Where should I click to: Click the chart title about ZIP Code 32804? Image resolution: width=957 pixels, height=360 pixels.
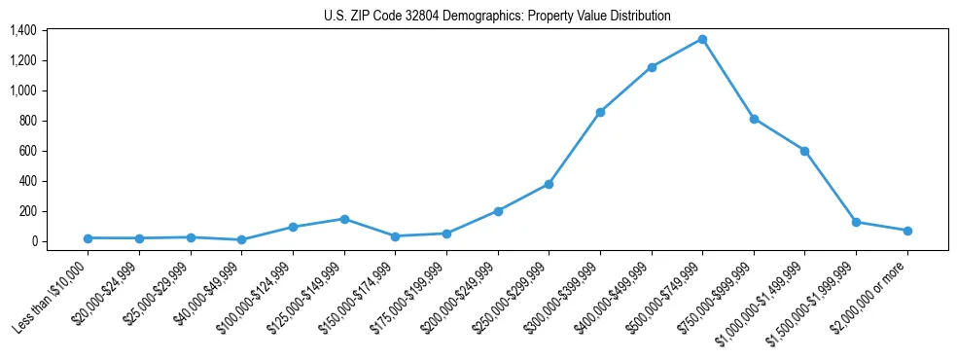(x=497, y=17)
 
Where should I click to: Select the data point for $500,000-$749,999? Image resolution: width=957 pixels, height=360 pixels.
(x=702, y=39)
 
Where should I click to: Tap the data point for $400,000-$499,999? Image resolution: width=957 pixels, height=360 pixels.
(x=652, y=67)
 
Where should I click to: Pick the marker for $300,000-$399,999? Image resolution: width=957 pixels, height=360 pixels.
(x=600, y=112)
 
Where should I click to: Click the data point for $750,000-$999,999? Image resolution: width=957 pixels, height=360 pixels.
(x=754, y=119)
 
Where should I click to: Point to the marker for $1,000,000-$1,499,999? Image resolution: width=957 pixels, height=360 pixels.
(x=804, y=151)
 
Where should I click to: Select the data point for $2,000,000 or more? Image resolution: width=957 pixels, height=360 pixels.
(x=906, y=231)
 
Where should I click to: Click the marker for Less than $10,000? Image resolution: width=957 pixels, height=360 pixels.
(x=89, y=238)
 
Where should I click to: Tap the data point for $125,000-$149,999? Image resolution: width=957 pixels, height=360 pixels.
(x=344, y=219)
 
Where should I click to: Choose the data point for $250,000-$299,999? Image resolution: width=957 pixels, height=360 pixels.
(x=549, y=184)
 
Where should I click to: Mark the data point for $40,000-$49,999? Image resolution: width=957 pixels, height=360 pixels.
(x=241, y=239)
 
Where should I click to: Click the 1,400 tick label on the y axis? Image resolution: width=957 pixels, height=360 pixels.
(x=22, y=30)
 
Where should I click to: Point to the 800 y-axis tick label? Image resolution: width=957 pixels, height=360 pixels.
(x=26, y=121)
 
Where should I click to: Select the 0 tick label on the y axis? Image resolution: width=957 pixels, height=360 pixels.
(x=33, y=241)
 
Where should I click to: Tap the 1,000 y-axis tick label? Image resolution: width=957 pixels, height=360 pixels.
(x=22, y=90)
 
